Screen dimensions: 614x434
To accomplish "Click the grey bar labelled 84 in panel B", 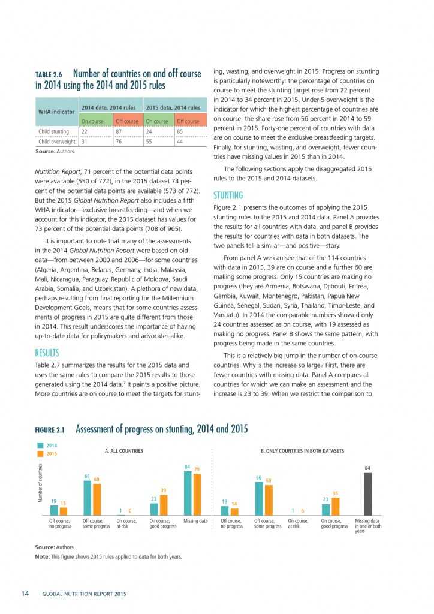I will pyautogui.click(x=368, y=493).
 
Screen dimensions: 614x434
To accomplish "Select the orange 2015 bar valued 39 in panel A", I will pyautogui.click(x=164, y=504).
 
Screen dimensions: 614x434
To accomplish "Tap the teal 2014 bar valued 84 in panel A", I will pyautogui.click(x=188, y=493).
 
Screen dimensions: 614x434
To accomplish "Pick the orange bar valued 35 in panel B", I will pyautogui.click(x=335, y=505).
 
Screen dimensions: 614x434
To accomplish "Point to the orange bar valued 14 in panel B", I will pyautogui.click(x=234, y=511).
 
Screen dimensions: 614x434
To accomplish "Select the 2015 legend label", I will pyautogui.click(x=53, y=453).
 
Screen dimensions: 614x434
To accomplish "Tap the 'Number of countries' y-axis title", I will pyautogui.click(x=41, y=482).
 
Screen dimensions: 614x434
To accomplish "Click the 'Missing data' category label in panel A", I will pyautogui.click(x=195, y=521).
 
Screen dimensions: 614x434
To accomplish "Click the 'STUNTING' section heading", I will pyautogui.click(x=228, y=195).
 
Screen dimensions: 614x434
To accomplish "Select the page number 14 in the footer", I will pyautogui.click(x=25, y=594).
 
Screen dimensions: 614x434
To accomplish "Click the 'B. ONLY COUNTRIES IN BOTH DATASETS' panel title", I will pyautogui.click(x=302, y=450).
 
